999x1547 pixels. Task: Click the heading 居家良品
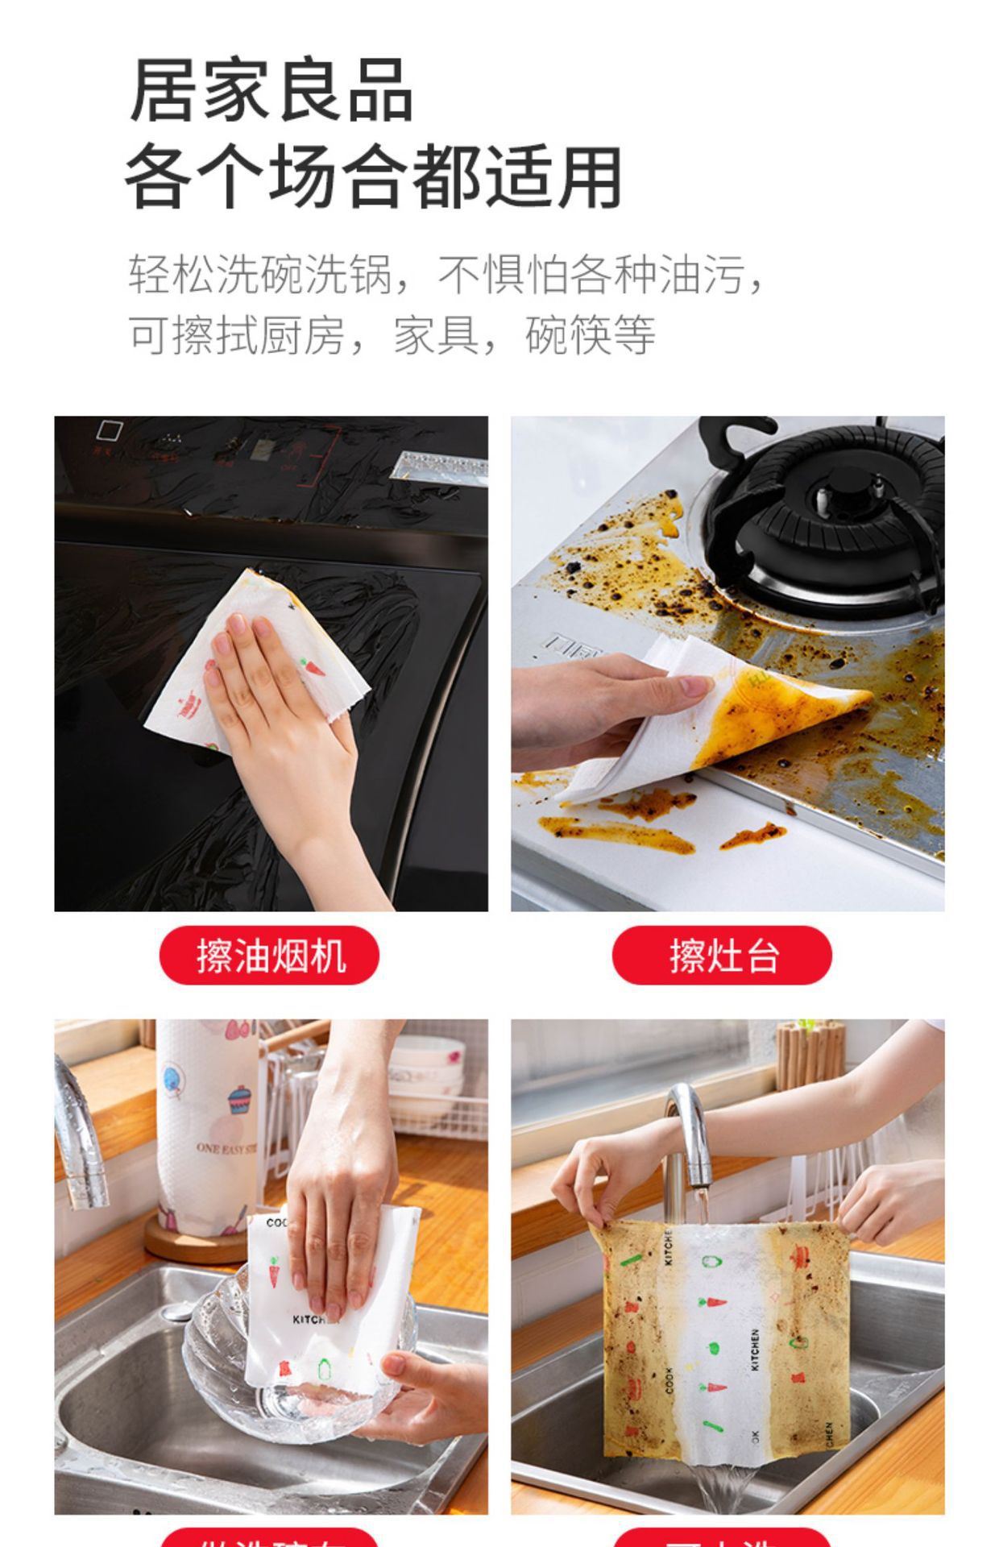(272, 91)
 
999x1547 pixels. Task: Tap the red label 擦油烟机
(270, 956)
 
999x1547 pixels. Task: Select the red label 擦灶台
(723, 956)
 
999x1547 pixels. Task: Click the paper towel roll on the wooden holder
(205, 1128)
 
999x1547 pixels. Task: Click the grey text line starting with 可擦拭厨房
(392, 334)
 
